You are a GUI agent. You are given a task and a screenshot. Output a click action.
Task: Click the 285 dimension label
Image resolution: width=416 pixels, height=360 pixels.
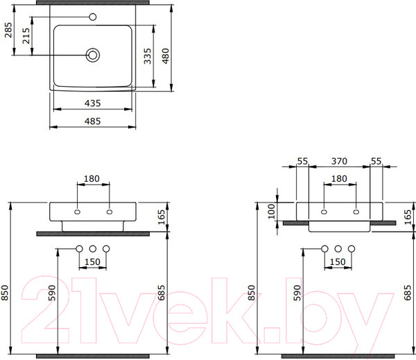(x=8, y=30)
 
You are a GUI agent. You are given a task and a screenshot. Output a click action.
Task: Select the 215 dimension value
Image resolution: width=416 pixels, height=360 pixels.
(x=26, y=36)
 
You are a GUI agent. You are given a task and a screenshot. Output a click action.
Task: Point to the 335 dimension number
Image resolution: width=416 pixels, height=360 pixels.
(x=148, y=56)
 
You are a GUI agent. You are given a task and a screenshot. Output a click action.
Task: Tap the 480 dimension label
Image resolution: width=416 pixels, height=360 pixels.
(x=165, y=56)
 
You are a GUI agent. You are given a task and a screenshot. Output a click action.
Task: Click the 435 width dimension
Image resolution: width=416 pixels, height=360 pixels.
(x=93, y=103)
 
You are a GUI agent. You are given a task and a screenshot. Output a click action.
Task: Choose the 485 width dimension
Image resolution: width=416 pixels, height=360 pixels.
(x=93, y=121)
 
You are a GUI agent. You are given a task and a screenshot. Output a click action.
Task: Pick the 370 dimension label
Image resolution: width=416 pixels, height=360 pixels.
(x=339, y=161)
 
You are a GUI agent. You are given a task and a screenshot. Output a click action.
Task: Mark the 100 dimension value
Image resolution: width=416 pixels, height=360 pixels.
(x=271, y=212)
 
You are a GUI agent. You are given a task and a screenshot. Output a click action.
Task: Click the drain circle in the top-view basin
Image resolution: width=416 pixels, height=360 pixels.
(x=93, y=55)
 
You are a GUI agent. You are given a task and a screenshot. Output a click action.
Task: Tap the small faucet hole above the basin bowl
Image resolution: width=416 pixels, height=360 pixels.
(x=93, y=17)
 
